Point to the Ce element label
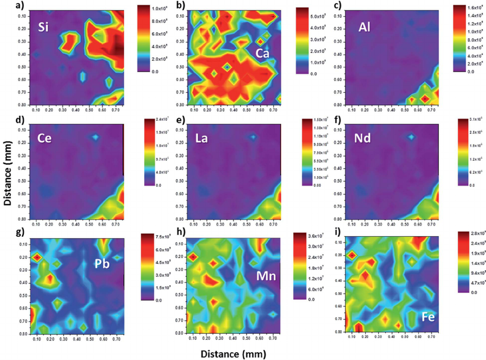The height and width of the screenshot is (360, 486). coord(43,140)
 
